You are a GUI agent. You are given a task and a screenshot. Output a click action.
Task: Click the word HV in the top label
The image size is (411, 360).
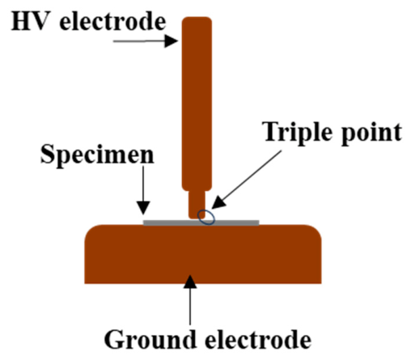tap(29, 22)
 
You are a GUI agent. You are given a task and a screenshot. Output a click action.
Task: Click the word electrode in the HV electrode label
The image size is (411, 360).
tap(112, 22)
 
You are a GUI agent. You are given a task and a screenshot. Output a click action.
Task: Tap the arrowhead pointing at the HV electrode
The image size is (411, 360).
tap(172, 41)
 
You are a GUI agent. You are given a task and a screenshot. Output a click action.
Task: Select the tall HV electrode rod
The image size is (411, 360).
tap(197, 104)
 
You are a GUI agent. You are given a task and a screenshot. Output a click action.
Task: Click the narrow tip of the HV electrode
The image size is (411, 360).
tap(197, 205)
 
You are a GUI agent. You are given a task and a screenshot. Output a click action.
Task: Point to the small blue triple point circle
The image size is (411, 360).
tap(206, 218)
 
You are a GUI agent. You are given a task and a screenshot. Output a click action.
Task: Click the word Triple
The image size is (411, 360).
tap(299, 133)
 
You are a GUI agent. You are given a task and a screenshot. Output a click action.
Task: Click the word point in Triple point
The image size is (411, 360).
tap(371, 133)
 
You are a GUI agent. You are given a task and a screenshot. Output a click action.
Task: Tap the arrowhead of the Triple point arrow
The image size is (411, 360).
tap(218, 202)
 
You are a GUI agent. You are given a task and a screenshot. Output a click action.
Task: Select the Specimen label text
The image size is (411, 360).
tap(97, 155)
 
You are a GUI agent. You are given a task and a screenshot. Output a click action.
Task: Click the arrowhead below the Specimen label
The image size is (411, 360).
tap(143, 208)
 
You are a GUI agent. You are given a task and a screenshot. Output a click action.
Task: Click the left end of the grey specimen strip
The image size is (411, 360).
tap(144, 222)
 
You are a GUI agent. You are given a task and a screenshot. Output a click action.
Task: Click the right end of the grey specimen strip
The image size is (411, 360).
tap(259, 222)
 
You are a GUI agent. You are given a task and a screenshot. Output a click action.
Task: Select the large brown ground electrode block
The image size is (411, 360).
tap(203, 254)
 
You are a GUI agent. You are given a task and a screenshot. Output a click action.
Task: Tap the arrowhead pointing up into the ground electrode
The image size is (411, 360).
tap(190, 282)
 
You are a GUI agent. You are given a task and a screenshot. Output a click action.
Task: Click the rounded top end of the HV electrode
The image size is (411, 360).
tap(197, 18)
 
